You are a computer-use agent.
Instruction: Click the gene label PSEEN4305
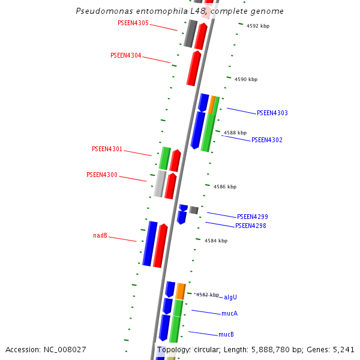(x=133, y=23)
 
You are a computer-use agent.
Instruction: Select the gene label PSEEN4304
(x=126, y=55)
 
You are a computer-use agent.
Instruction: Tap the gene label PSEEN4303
(x=272, y=113)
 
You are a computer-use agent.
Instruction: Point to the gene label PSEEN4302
(x=267, y=140)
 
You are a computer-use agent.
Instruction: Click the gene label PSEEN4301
(x=107, y=149)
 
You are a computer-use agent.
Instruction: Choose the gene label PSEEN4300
(x=102, y=175)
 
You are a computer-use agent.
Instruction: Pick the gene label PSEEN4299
(x=253, y=217)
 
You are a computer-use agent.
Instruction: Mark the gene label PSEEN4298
(x=251, y=226)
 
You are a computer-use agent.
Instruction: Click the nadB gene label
(x=100, y=236)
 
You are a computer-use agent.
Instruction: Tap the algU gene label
(x=230, y=297)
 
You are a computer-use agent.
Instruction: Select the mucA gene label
(x=230, y=313)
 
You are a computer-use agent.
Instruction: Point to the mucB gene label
(x=226, y=334)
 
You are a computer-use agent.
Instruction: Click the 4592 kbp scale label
(x=258, y=26)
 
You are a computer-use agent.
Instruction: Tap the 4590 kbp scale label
(x=246, y=79)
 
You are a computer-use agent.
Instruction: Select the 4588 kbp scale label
(x=235, y=133)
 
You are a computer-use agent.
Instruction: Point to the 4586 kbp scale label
(x=225, y=187)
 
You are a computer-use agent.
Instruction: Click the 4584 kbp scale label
(x=216, y=241)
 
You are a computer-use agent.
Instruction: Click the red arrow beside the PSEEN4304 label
(x=193, y=68)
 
